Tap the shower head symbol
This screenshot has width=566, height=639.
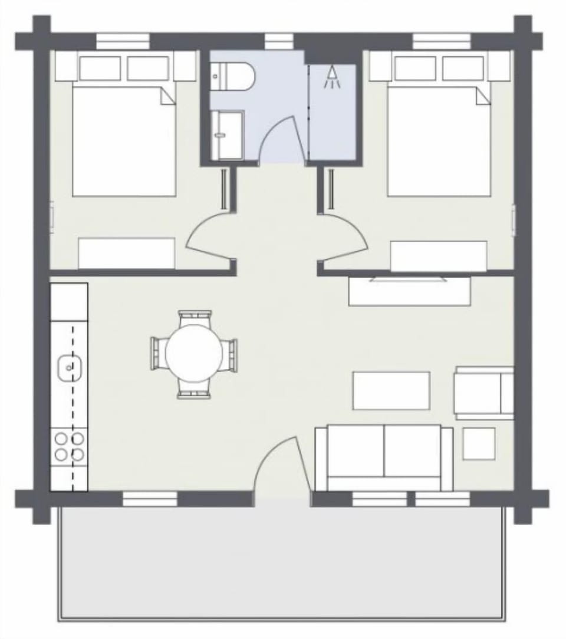(333, 77)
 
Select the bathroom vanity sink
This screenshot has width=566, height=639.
(226, 135)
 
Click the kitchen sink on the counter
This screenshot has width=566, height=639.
(69, 368)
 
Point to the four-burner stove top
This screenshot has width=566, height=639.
(69, 446)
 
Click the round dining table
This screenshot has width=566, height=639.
(194, 354)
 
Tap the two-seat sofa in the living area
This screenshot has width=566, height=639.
(384, 457)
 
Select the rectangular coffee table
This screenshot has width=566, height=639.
(391, 390)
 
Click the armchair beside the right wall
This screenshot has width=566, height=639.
(482, 393)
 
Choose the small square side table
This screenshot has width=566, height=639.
(478, 443)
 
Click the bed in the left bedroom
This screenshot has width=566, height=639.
(124, 141)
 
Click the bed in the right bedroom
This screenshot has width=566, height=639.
(439, 141)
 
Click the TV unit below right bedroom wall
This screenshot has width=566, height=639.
(409, 291)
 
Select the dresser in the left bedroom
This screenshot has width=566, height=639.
(126, 253)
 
